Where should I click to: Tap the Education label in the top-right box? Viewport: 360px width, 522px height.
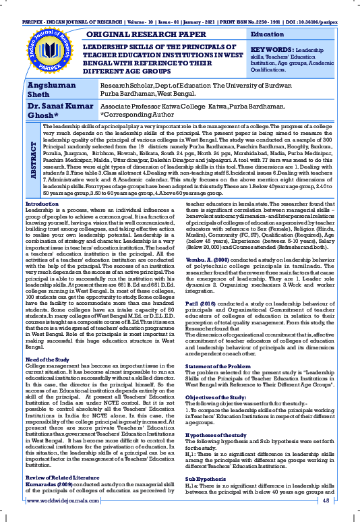(267, 34)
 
